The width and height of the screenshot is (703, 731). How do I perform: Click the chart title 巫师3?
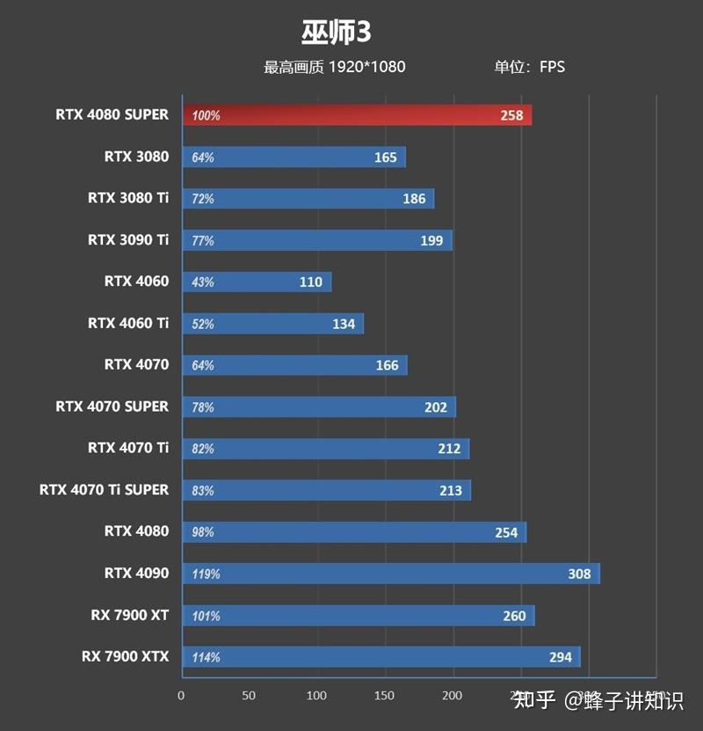(337, 32)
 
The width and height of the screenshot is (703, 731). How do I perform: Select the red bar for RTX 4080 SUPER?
(357, 115)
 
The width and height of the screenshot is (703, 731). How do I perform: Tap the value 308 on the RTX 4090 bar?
(579, 574)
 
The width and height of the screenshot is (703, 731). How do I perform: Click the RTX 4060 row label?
(136, 281)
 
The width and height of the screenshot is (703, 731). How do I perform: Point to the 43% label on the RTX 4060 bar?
(203, 282)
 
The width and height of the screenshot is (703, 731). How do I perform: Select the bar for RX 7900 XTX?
(381, 657)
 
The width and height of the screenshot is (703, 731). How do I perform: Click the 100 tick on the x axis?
(317, 696)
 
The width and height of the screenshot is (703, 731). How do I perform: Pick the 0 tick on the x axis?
(181, 696)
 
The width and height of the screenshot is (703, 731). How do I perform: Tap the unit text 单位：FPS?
(529, 67)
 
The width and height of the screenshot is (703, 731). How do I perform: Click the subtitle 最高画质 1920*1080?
(334, 67)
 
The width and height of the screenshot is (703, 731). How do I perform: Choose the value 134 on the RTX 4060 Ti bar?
(344, 324)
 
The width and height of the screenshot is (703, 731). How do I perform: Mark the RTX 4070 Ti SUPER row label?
(104, 489)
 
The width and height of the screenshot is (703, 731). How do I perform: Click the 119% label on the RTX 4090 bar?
(206, 574)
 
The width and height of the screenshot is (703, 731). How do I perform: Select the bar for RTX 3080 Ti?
(308, 199)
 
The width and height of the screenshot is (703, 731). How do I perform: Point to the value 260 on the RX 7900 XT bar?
(514, 616)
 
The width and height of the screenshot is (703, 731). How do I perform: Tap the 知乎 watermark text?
(534, 700)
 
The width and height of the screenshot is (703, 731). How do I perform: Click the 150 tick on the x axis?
(385, 696)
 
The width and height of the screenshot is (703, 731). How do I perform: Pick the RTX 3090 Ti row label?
(128, 239)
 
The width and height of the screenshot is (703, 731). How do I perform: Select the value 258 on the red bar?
(511, 115)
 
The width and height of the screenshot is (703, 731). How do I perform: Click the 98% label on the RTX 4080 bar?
(203, 532)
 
